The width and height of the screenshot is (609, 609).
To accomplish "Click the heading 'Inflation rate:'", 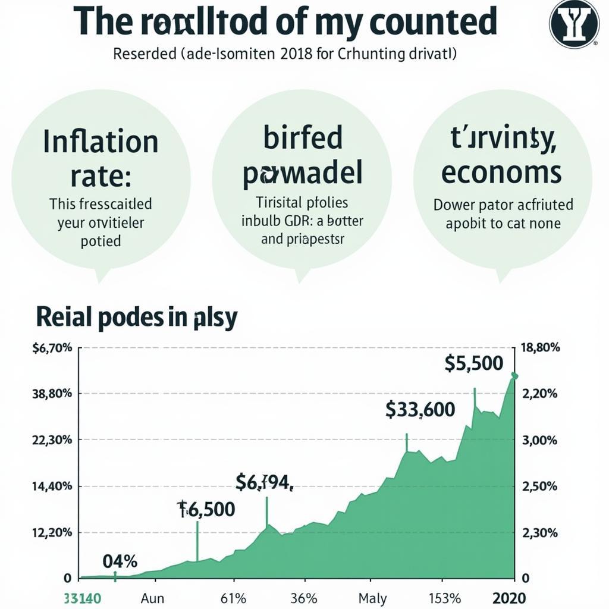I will (x=101, y=158).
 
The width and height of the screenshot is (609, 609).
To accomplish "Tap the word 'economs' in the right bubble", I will (x=502, y=172).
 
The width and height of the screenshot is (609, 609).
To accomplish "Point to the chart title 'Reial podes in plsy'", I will (x=137, y=318).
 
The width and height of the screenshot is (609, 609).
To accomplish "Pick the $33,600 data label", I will (x=420, y=409).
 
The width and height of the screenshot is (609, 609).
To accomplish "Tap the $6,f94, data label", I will (x=265, y=482).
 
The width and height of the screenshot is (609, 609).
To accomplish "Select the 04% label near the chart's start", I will (x=120, y=561).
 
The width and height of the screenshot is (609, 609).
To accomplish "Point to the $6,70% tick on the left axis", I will (x=52, y=348).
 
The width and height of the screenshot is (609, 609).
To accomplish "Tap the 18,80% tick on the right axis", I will (x=540, y=348).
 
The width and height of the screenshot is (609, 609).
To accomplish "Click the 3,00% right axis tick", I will (x=539, y=440).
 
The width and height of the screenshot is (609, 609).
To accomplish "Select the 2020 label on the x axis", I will (x=509, y=598).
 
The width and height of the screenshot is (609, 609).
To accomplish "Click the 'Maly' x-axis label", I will (x=373, y=598).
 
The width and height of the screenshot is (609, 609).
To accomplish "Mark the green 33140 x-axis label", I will (x=82, y=598).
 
